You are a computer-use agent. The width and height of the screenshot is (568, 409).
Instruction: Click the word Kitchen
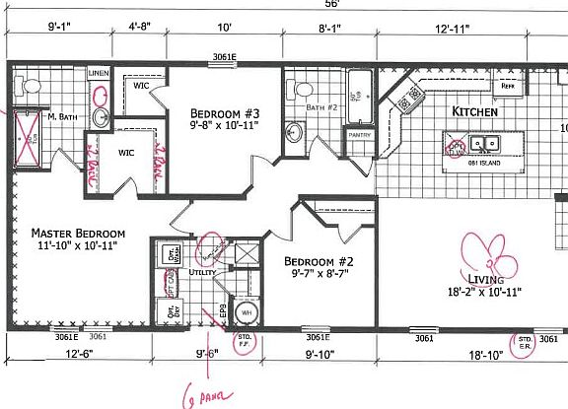[475, 111]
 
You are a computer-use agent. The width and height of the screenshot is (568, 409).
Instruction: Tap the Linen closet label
[99, 73]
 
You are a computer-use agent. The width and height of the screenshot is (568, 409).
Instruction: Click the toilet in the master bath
[29, 88]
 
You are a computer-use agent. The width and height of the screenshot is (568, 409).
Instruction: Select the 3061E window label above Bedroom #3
[223, 57]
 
